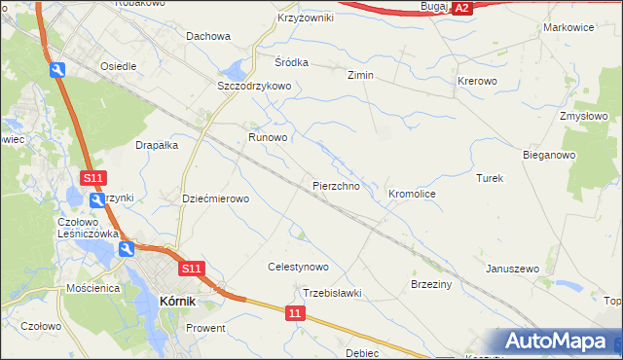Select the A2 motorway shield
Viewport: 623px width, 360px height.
pos(463,8)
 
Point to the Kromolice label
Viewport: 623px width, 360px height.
pos(412,195)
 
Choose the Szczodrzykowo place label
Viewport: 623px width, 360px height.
pos(254,86)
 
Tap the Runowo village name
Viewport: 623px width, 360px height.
pos(268,138)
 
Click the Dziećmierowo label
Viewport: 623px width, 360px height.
pos(216,198)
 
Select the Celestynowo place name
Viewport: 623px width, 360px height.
pos(298,267)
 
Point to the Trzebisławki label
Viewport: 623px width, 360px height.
pos(332,293)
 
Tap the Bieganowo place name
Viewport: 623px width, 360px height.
pos(549,155)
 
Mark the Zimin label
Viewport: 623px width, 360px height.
pos(361,75)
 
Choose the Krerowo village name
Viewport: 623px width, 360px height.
pos(477,81)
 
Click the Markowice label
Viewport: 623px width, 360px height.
pos(568,27)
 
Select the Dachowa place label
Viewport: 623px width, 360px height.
pos(207,37)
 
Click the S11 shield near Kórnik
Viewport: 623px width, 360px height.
pos(191,269)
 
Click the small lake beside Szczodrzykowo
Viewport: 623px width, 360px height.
pos(234,70)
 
